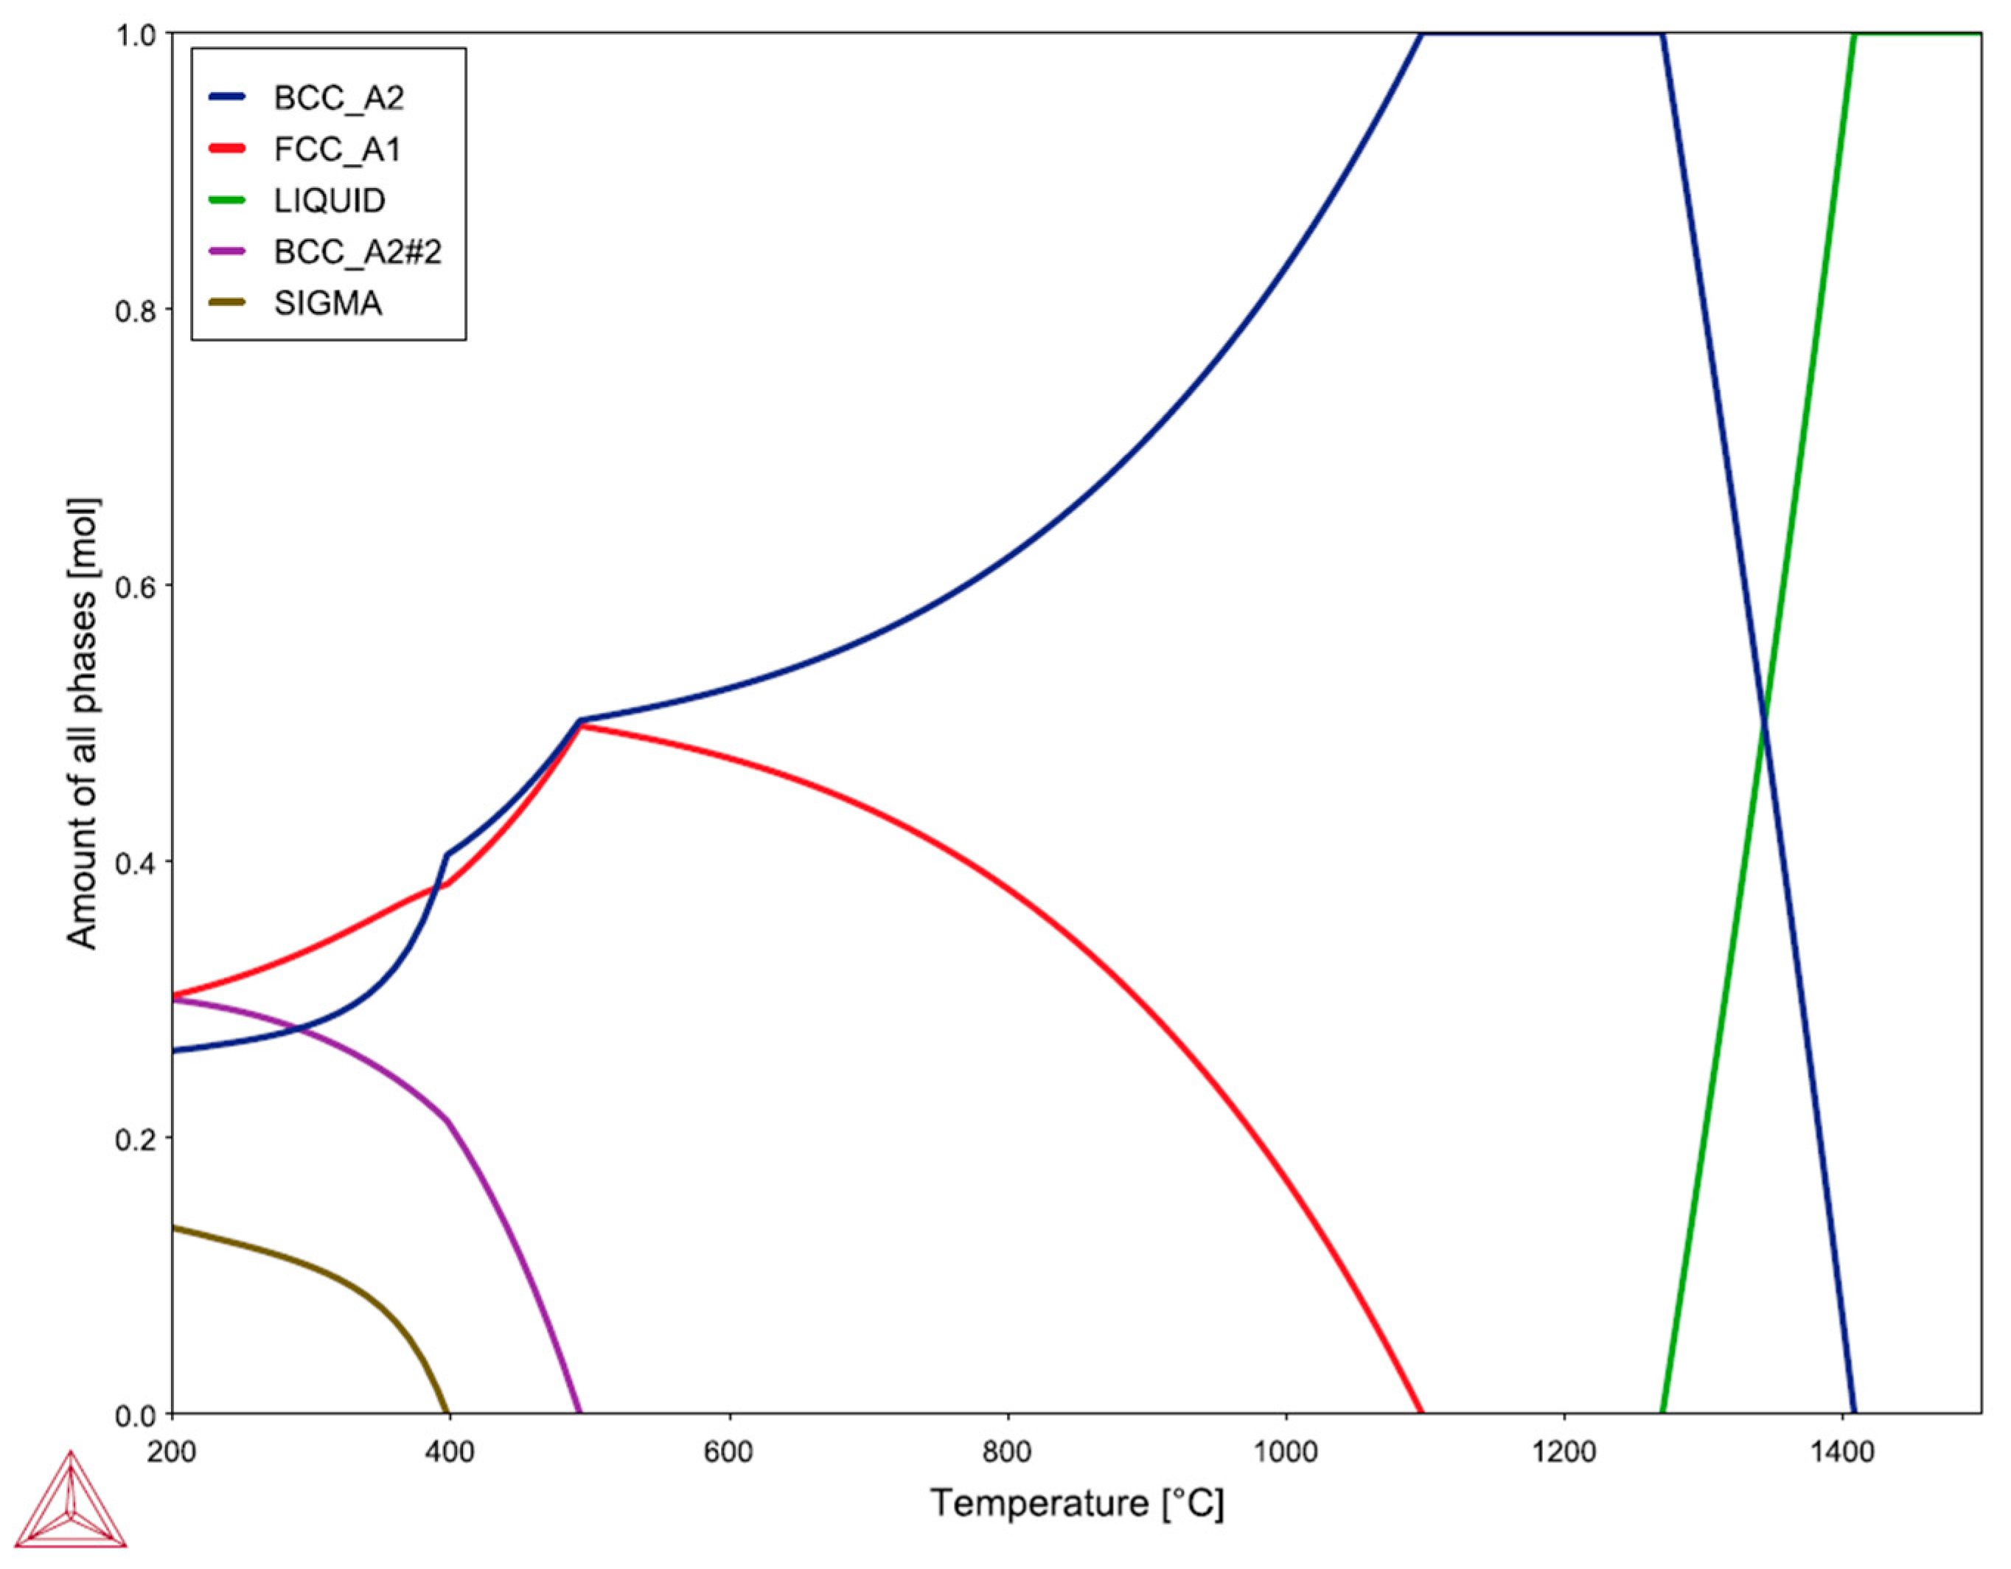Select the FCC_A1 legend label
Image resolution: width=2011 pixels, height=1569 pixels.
point(337,149)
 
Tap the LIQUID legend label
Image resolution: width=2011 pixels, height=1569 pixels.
point(330,201)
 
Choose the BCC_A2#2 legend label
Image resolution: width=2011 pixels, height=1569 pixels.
point(358,251)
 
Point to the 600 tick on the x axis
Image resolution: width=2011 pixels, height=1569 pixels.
point(728,1452)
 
